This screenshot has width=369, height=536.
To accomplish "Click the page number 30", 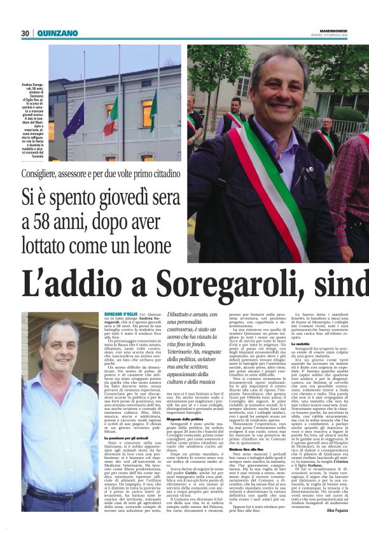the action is point(25,33).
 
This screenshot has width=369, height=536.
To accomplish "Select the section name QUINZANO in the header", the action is point(57,33).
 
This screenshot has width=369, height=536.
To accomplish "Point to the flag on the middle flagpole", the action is point(112,115).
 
